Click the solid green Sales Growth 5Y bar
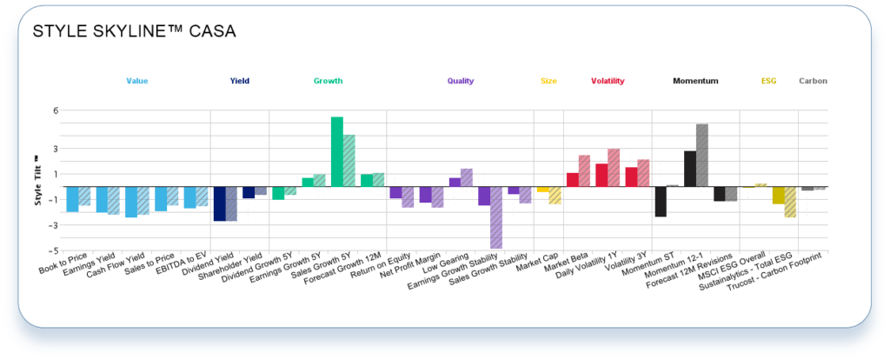337,151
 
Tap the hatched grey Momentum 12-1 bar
702,155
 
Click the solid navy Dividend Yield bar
219,203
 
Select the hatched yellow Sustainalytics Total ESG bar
790,202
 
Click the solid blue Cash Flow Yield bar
130,202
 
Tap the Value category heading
137,81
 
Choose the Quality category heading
461,81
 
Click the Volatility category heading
608,81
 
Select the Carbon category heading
813,81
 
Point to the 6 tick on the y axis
55,110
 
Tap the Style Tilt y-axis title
37,181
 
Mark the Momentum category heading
695,81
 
